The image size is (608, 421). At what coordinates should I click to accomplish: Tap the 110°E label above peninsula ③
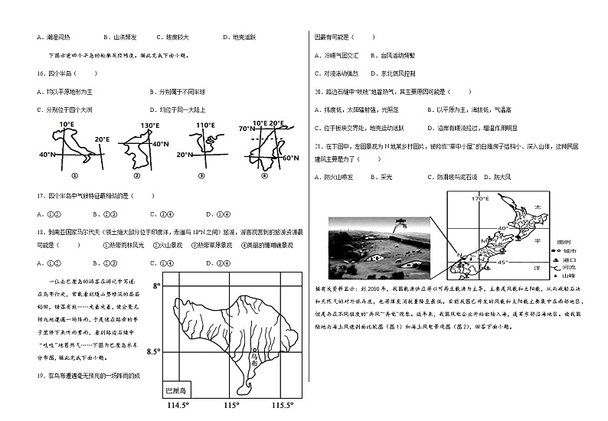pyautogui.click(x=204, y=125)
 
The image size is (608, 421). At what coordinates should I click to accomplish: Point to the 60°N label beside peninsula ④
pyautogui.click(x=290, y=158)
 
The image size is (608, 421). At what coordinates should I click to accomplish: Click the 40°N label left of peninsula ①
pyautogui.click(x=47, y=155)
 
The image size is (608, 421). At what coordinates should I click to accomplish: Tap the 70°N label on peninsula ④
pyautogui.click(x=246, y=129)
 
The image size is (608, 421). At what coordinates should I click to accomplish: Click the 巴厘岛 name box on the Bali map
pyautogui.click(x=178, y=390)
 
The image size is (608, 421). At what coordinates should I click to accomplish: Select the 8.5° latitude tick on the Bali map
pyautogui.click(x=153, y=351)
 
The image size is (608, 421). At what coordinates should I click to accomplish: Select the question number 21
pyautogui.click(x=318, y=144)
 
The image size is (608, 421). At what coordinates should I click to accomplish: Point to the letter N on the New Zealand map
pyautogui.click(x=459, y=255)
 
